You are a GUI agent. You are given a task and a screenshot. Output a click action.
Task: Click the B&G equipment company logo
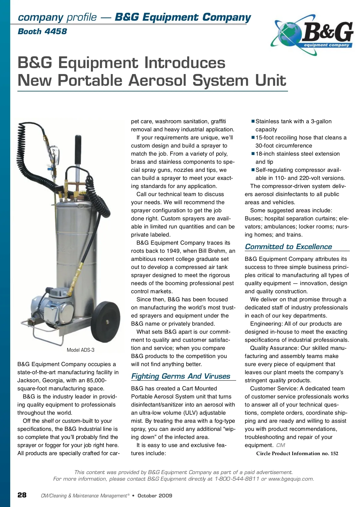click(x=313, y=35)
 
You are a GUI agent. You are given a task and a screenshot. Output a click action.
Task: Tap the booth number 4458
click(x=55, y=31)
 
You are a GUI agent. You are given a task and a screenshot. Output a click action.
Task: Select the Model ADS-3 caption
click(x=80, y=350)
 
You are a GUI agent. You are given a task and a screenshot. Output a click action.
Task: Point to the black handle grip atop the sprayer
click(x=78, y=148)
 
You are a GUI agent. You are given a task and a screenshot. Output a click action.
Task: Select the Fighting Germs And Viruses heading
click(x=181, y=376)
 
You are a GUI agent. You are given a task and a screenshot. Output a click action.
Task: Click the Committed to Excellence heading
click(x=288, y=246)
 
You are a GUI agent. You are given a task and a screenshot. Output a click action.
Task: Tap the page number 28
click(x=22, y=495)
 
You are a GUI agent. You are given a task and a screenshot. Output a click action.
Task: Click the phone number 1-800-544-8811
click(x=237, y=479)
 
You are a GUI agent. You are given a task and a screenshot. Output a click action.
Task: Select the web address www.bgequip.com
click(x=291, y=479)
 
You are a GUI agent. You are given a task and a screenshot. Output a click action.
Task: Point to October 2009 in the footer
click(x=155, y=496)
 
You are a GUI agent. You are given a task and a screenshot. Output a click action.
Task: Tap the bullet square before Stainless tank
click(x=253, y=121)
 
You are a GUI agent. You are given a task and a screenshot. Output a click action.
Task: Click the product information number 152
click(x=334, y=453)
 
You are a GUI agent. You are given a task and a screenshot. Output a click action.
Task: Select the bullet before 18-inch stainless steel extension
click(x=253, y=154)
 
